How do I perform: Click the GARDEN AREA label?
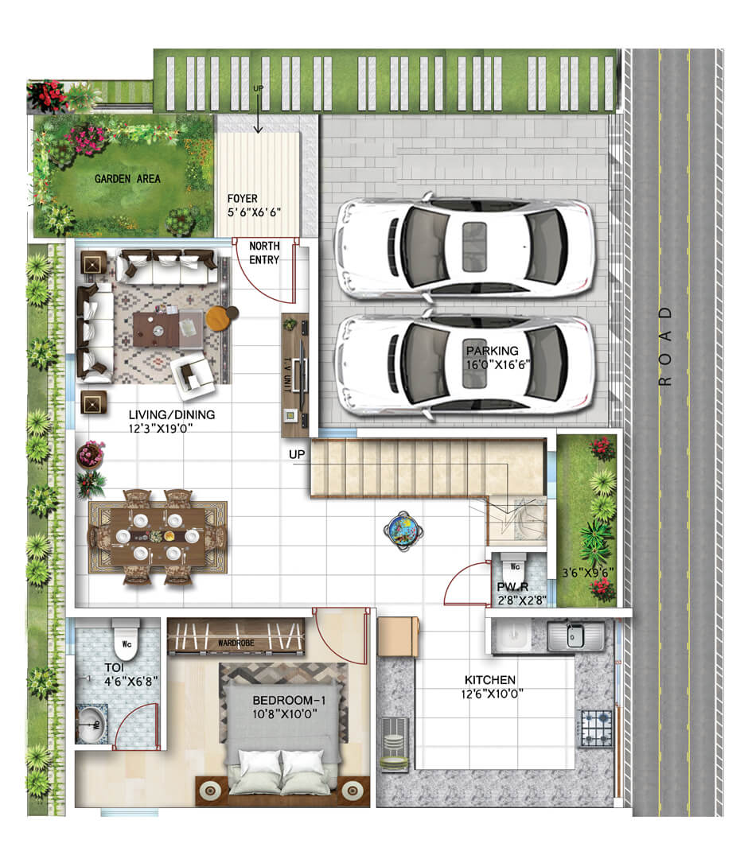(127, 179)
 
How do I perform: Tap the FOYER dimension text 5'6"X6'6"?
(254, 212)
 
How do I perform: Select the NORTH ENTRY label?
(264, 253)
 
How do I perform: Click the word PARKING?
(492, 351)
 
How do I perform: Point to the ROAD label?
(664, 346)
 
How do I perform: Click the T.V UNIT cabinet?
(294, 375)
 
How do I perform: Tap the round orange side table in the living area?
(219, 317)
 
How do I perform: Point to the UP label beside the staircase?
(297, 455)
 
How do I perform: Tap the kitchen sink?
(575, 636)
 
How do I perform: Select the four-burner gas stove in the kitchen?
(595, 728)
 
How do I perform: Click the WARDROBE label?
(236, 643)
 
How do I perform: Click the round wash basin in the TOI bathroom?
(92, 725)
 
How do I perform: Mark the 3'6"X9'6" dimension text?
(588, 573)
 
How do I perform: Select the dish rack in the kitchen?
(395, 744)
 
